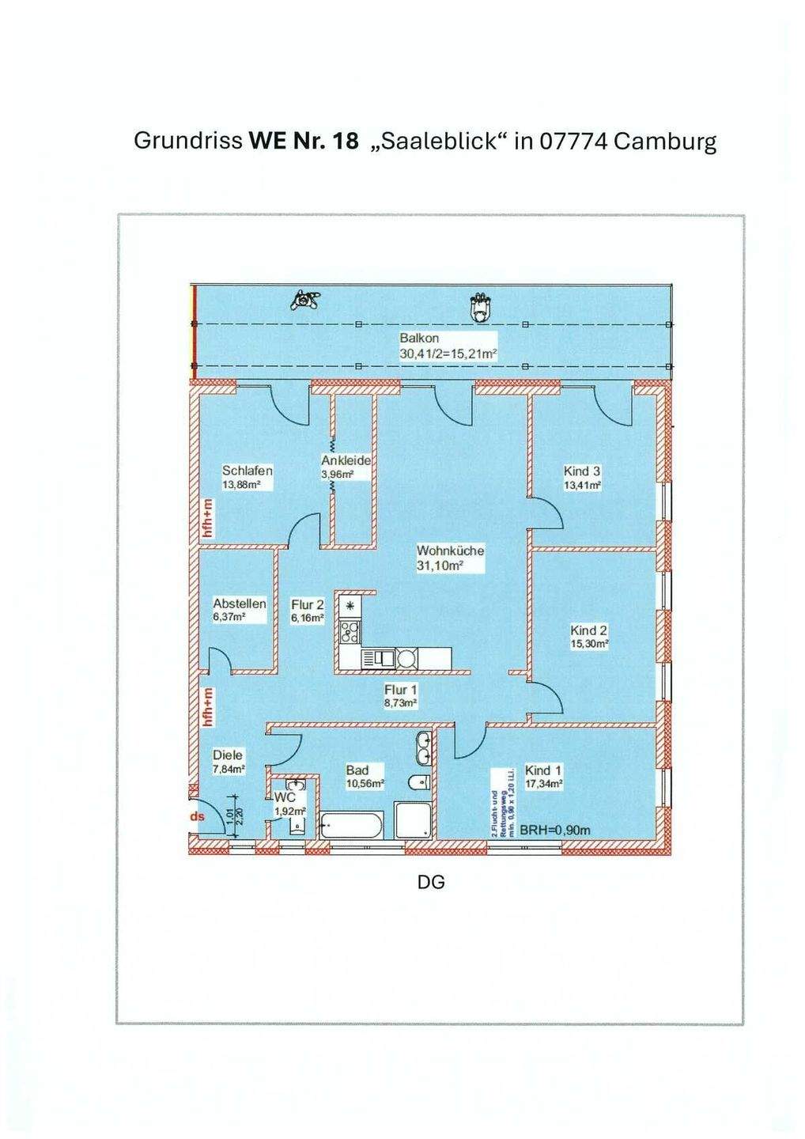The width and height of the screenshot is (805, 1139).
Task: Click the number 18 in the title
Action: pyautogui.click(x=346, y=142)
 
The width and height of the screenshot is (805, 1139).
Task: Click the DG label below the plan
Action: pyautogui.click(x=431, y=881)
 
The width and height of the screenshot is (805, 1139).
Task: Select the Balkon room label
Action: pyautogui.click(x=419, y=339)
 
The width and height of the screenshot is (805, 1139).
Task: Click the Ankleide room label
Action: pyautogui.click(x=346, y=460)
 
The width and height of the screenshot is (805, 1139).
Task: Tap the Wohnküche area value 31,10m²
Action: pyautogui.click(x=439, y=566)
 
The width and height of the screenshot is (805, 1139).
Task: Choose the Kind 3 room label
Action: pyautogui.click(x=582, y=471)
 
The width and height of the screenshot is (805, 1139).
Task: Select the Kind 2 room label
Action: pyautogui.click(x=589, y=630)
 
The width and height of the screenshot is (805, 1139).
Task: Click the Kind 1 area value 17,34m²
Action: pyautogui.click(x=543, y=784)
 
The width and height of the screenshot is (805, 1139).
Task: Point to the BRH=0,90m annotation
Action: pyautogui.click(x=555, y=831)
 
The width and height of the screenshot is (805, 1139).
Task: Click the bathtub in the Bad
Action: pyautogui.click(x=352, y=827)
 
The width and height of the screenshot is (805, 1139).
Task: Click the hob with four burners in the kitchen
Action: pyautogui.click(x=350, y=631)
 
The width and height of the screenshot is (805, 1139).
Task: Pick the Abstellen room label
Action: pyautogui.click(x=240, y=604)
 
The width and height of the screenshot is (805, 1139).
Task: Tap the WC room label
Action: pyautogui.click(x=285, y=799)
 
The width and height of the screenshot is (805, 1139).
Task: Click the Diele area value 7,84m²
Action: pyautogui.click(x=228, y=769)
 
